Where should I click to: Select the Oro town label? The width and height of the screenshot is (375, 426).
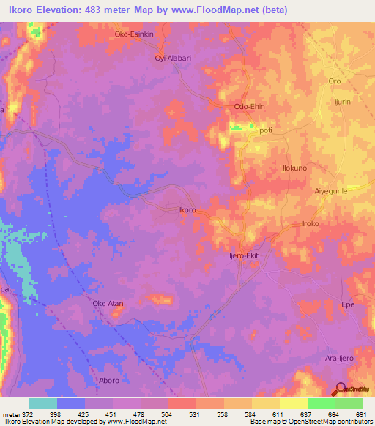click(x=335, y=81)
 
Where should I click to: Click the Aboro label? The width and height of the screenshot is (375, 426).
click(x=108, y=381)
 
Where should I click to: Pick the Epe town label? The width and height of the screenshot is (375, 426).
click(x=349, y=303)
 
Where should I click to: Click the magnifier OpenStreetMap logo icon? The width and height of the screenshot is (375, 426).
click(x=341, y=389)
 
